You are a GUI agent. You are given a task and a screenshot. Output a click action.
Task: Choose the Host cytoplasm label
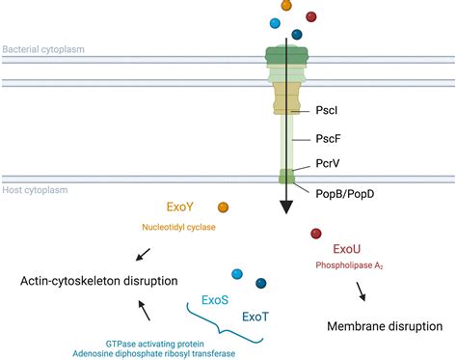(x=36, y=190)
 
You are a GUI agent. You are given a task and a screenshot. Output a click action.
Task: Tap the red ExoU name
(x=346, y=247)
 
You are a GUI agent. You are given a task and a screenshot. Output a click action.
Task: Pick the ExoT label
(x=255, y=316)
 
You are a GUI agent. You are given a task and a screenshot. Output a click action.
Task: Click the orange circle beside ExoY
(x=224, y=207)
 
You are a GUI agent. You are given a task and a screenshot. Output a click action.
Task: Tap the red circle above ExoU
(x=315, y=233)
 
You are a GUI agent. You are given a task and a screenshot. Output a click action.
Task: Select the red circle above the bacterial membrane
(x=311, y=16)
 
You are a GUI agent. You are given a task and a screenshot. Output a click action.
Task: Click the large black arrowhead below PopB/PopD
(x=287, y=207)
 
